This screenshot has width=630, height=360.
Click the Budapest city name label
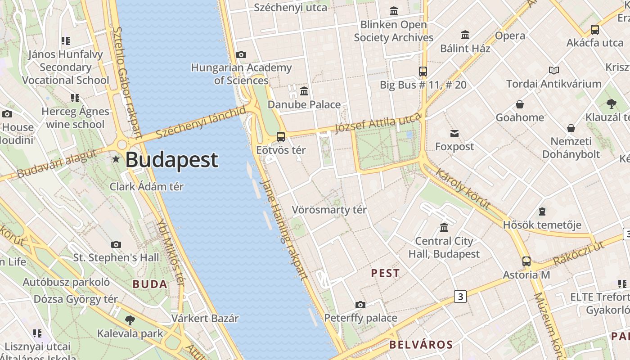pyautogui.click(x=172, y=160)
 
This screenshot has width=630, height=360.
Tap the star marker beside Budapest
pyautogui.click(x=116, y=159)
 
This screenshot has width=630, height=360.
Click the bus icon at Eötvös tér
pyautogui.click(x=281, y=136)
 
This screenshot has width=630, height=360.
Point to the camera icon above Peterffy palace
pyautogui.click(x=360, y=305)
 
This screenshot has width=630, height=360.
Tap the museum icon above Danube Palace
pyautogui.click(x=304, y=91)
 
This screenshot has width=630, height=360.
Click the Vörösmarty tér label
pyautogui.click(x=329, y=210)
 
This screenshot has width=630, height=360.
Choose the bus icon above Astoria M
pyautogui.click(x=526, y=261)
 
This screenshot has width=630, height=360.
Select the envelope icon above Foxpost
pyautogui.click(x=454, y=133)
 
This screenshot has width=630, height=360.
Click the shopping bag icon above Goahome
pyautogui.click(x=520, y=104)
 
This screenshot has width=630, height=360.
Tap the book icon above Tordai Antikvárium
pyautogui.click(x=553, y=71)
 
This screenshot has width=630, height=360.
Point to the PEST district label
pyautogui.click(x=385, y=273)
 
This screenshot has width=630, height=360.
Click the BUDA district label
pyautogui.click(x=150, y=284)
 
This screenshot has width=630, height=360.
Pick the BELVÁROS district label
pyautogui.click(x=421, y=345)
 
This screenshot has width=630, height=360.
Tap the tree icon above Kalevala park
pyautogui.click(x=130, y=320)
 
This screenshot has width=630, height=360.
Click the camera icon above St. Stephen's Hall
pyautogui.click(x=116, y=244)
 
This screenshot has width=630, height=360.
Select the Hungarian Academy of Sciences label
pyautogui.click(x=242, y=74)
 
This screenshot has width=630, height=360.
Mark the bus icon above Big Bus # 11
pyautogui.click(x=423, y=71)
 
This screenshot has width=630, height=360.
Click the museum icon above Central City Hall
pyautogui.click(x=444, y=227)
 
